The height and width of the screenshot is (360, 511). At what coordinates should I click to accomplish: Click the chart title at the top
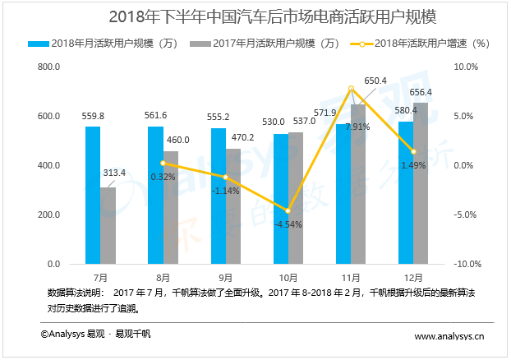point(255,16)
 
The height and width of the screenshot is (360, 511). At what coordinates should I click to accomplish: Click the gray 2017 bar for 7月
point(108,225)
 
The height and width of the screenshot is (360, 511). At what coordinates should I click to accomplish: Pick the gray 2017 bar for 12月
point(421,183)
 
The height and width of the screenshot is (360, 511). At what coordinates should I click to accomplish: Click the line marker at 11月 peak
point(352,88)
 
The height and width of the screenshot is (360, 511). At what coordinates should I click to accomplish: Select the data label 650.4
point(375,80)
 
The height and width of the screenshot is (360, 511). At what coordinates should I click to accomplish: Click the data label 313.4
point(115,173)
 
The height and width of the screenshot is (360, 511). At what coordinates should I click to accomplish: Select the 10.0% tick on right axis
point(467,67)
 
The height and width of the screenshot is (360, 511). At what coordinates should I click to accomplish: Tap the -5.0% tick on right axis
point(467,215)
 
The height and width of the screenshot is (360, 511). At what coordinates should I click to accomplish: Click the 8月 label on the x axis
point(163,277)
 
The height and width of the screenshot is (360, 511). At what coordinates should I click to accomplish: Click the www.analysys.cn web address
point(449,336)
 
